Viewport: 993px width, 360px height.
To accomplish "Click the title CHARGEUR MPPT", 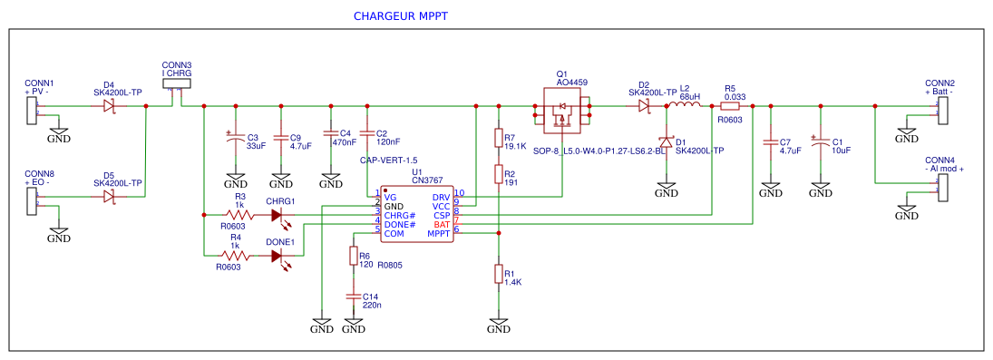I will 400,17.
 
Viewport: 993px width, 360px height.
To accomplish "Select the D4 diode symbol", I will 109,106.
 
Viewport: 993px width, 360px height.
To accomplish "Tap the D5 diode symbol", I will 109,197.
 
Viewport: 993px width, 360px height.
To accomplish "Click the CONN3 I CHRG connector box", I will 176,83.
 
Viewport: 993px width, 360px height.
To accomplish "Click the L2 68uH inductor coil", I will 685,106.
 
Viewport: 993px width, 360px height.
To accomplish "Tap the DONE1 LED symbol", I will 279,257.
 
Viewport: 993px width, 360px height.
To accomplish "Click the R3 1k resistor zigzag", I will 239,215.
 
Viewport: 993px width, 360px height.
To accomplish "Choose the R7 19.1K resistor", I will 498,137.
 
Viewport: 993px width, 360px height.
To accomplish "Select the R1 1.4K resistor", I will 498,274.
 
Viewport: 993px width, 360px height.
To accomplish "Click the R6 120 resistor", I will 353,257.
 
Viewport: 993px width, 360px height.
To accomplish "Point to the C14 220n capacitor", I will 353,297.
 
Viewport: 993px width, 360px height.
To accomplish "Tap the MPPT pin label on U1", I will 440,234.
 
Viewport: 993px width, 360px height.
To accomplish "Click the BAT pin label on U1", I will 442,224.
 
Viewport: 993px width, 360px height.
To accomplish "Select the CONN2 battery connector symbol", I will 942,111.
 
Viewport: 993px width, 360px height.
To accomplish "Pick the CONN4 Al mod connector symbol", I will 942,188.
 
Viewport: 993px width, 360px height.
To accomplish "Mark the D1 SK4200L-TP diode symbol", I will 667,141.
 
